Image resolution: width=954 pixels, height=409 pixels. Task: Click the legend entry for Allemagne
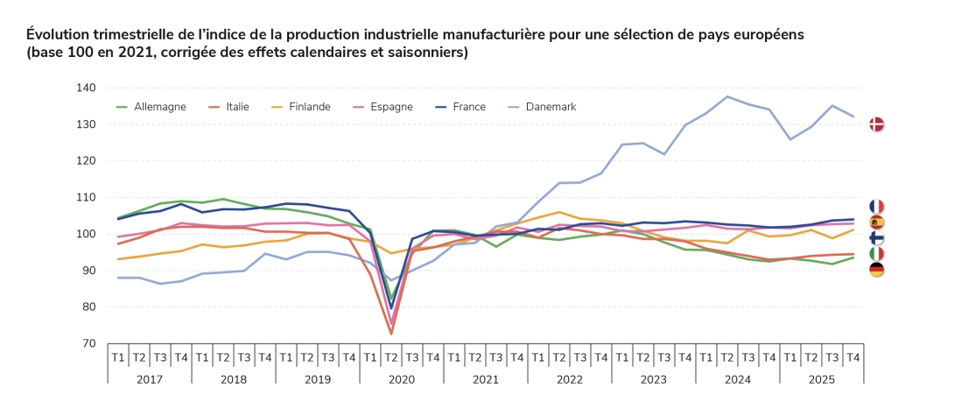(159, 107)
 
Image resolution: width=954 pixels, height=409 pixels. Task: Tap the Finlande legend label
(309, 107)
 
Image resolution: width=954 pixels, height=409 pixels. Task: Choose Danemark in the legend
(551, 107)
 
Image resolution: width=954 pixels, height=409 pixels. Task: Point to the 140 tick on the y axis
(85, 88)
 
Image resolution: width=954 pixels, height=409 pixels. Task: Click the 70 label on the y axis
(88, 343)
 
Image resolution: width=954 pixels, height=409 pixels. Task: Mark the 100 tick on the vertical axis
(85, 234)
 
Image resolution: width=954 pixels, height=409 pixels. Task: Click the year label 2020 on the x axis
(401, 380)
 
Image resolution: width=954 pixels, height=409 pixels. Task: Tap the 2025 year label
(821, 380)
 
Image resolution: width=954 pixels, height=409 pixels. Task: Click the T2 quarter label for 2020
(390, 357)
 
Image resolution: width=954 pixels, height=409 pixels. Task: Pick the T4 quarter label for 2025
(852, 357)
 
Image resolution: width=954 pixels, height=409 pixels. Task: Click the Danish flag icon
(876, 124)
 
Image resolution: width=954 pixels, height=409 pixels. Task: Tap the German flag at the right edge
(876, 270)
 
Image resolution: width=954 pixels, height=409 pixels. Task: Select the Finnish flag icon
(876, 238)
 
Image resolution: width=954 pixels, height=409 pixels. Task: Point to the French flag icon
(876, 206)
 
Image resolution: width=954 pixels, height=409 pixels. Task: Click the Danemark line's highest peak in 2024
(727, 96)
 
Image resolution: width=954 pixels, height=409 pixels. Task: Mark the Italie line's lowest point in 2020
(390, 334)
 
